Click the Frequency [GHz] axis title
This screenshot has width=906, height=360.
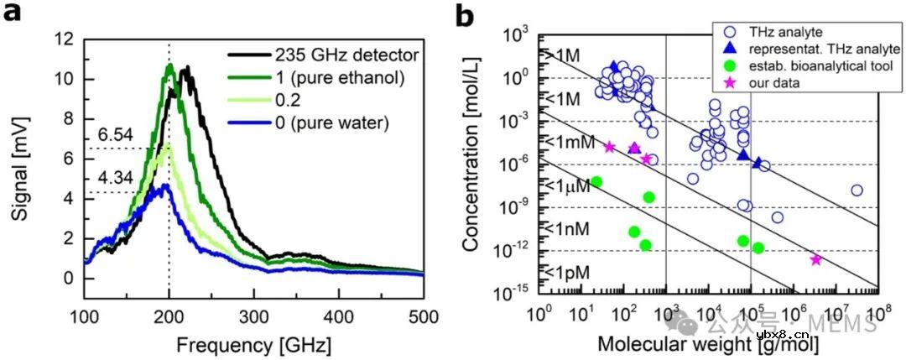coord(253,343)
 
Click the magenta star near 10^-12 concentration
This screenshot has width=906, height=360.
coord(816,259)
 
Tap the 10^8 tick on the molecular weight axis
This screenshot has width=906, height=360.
coord(878,312)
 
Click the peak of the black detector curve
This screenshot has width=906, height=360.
coord(186,66)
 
